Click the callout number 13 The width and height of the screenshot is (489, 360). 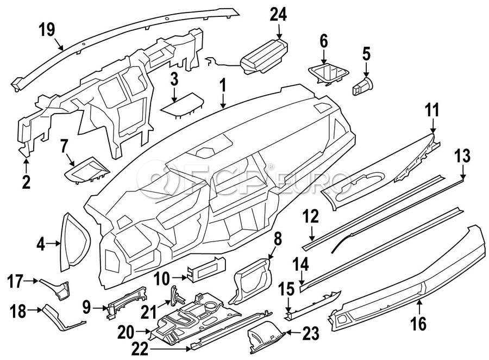[x=462, y=157]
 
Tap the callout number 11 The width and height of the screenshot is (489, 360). [x=431, y=110]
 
